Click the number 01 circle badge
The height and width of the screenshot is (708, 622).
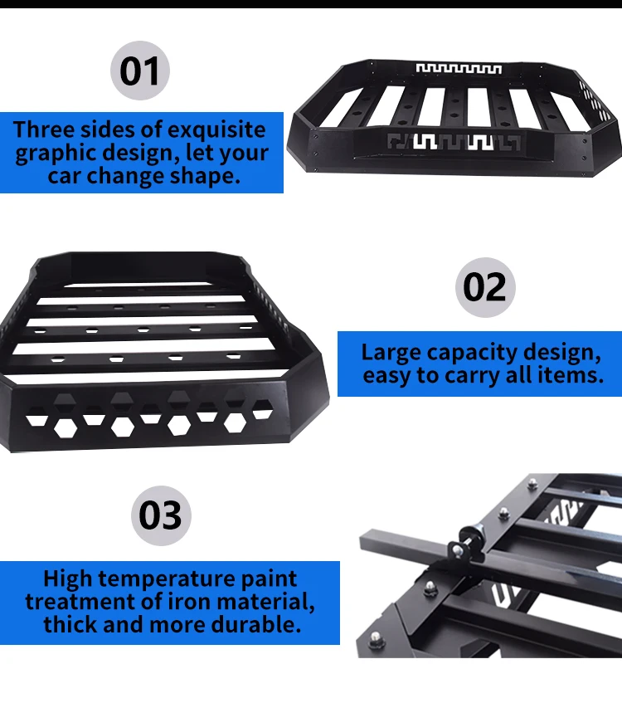tap(139, 71)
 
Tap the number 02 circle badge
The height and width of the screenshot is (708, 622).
tap(485, 287)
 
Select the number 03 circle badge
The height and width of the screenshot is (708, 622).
tap(161, 515)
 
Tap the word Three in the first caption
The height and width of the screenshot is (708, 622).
tap(43, 130)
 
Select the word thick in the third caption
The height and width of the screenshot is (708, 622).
tap(76, 624)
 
